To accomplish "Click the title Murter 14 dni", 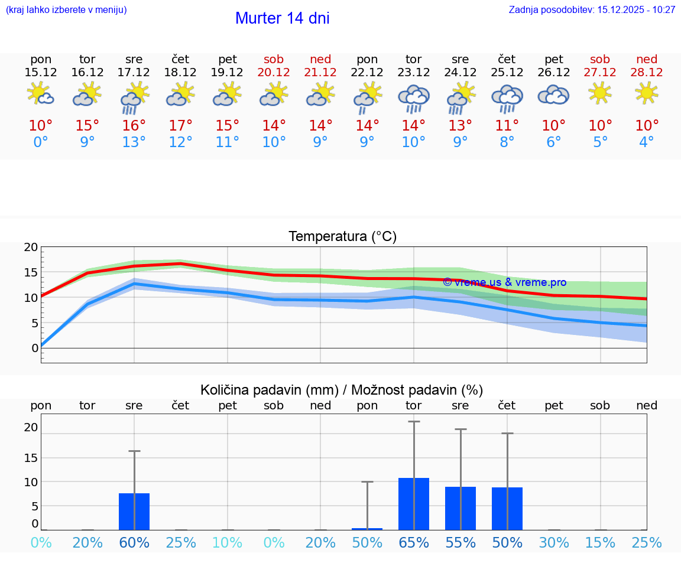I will coord(282,18).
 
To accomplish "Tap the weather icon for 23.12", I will coord(414,98).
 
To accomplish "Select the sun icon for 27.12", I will coord(600,92).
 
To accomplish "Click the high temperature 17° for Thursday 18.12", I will coord(181,126).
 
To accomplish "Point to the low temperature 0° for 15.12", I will coord(41,142).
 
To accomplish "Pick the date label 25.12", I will coord(507,72).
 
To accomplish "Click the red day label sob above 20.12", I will coord(274,59).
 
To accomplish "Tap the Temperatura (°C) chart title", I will coord(342,237).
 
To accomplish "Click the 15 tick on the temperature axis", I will coord(31,272).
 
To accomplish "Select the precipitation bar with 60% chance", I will coord(134,512).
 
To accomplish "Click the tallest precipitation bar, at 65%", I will coord(414,504).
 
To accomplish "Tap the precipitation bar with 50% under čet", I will coord(507,509).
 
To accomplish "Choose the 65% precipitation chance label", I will coord(414,543).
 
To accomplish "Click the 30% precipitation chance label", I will coord(554,543).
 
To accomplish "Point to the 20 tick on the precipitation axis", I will coord(31,427).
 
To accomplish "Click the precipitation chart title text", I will coord(342,390).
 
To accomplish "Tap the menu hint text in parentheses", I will coord(66,9).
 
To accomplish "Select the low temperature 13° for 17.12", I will coord(134,142).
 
